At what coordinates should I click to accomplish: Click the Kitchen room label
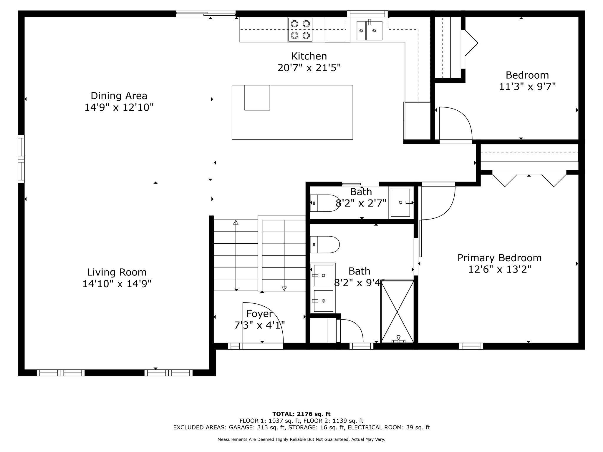point(309,56)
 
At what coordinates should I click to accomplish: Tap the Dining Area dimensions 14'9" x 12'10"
point(119,107)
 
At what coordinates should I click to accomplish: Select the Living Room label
point(117,272)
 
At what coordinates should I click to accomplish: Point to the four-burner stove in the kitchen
point(300,30)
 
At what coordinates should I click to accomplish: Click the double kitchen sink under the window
point(370,30)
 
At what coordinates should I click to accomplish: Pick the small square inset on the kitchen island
point(257,98)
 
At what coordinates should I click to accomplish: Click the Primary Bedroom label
point(499,258)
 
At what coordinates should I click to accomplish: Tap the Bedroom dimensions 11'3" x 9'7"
point(527,87)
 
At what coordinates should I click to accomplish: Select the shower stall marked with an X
point(397,311)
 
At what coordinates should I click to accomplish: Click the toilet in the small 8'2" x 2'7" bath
point(325,203)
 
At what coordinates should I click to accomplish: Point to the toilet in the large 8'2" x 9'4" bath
point(325,245)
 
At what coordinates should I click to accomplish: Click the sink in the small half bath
point(400,202)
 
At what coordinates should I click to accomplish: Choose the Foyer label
point(259,314)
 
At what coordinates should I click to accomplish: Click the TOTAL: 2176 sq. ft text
point(301,414)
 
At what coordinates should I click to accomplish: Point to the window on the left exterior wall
point(21,159)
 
